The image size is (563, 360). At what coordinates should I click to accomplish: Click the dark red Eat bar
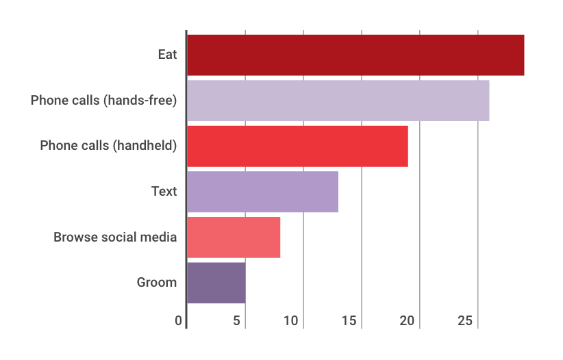pos(355,55)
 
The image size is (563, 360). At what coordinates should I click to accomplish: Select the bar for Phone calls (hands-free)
pos(338,101)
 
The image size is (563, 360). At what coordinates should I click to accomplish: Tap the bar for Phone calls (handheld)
pos(297,146)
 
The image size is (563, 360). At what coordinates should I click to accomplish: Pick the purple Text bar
pos(262,192)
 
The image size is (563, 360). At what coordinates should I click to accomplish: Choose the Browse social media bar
pos(233,237)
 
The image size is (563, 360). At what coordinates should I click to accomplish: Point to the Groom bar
pos(216,283)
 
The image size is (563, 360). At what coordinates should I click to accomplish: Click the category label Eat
pos(167,54)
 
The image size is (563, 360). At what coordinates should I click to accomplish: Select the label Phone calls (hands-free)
pos(104,101)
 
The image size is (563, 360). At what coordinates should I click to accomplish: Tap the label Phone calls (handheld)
pos(109,146)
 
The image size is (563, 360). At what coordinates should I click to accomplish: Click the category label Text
pos(164,192)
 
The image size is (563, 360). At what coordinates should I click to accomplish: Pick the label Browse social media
pos(116,237)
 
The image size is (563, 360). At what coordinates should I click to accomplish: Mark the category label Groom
pos(157,283)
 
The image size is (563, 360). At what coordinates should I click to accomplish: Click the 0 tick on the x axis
pos(178,321)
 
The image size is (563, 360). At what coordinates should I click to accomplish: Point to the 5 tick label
pos(236,321)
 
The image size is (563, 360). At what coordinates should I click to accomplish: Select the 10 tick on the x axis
pos(292,321)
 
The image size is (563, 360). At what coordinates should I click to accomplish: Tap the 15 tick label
pos(350,321)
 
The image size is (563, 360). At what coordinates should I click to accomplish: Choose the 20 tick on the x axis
pos(408,321)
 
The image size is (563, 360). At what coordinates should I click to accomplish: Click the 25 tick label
pos(466,321)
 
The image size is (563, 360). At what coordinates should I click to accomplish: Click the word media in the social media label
pos(160,237)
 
